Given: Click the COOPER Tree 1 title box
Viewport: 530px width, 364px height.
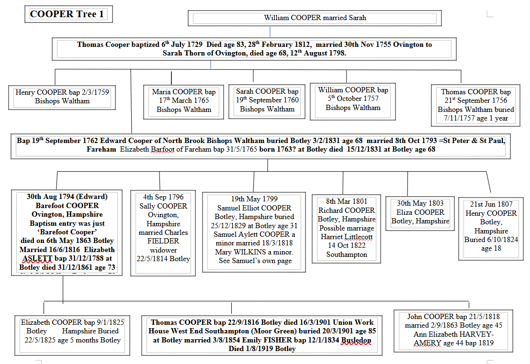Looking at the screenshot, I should [67, 14].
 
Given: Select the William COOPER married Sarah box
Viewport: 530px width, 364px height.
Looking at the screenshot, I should [315, 18].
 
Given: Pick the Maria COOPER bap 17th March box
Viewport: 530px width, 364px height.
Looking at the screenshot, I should [184, 100].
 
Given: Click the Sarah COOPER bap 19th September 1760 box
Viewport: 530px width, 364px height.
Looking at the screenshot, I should [267, 100].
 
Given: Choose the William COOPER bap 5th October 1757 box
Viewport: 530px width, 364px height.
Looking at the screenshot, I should [353, 99].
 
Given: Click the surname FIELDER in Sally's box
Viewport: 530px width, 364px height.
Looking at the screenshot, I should [164, 241].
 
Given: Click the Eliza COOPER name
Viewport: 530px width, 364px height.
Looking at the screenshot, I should [420, 212].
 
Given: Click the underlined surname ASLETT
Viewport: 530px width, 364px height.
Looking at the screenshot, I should [36, 259].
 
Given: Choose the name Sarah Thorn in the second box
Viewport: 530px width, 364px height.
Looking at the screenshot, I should [184, 54].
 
